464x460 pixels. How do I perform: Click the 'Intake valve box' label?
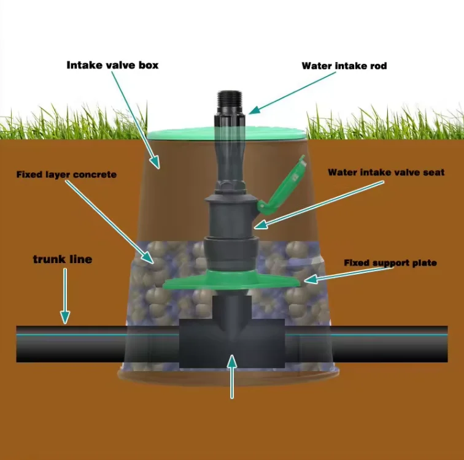pos(112,64)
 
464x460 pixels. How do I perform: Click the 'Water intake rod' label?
pos(344,66)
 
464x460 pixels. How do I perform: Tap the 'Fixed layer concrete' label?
pos(66,175)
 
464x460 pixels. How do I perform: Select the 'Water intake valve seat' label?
pos(386,172)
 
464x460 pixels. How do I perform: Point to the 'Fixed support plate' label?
pos(390,263)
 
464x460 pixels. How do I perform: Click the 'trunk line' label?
pos(62,259)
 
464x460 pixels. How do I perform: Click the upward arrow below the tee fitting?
pos(232,374)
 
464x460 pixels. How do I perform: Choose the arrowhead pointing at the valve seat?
pos(260,225)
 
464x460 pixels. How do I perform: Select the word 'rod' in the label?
pos(378,66)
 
